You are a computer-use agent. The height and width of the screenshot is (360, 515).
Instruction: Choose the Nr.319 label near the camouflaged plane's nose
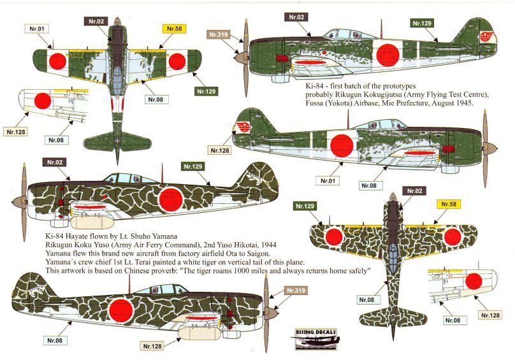[x=297, y=291]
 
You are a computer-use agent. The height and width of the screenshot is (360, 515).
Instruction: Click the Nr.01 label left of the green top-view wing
[x=37, y=28]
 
